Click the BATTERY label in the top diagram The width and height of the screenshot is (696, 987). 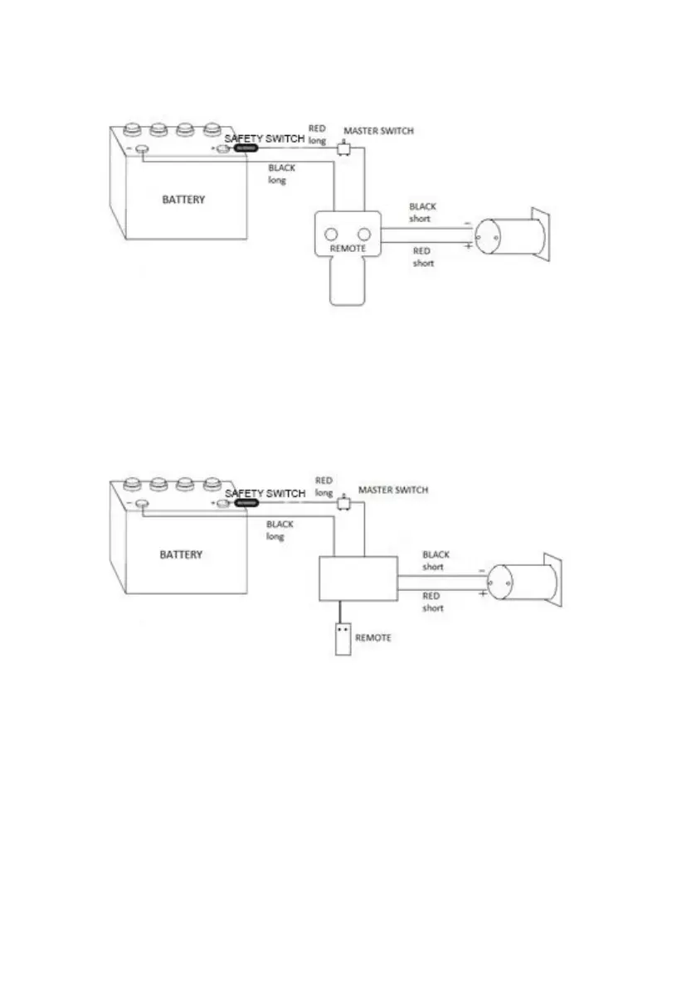[183, 200]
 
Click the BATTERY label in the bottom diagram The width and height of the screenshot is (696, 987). [181, 554]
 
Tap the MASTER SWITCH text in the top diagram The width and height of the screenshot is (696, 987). [378, 131]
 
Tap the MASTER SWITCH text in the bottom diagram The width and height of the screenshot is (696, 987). [393, 490]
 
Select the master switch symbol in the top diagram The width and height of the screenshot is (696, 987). [344, 149]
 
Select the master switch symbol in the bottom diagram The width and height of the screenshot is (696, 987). [344, 503]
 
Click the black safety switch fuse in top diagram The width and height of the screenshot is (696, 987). [246, 149]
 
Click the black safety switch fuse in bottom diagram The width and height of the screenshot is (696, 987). [246, 503]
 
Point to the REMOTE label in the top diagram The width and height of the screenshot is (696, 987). [348, 248]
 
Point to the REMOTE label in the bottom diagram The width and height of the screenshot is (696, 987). [372, 638]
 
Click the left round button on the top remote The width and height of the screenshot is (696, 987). [332, 235]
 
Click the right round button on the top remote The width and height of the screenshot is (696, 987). [363, 235]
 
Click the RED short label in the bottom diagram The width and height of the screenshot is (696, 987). [433, 602]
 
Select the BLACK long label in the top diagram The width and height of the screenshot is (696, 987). [281, 174]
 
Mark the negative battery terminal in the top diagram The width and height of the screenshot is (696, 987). [142, 150]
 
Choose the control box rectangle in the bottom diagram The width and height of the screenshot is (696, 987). [358, 577]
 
